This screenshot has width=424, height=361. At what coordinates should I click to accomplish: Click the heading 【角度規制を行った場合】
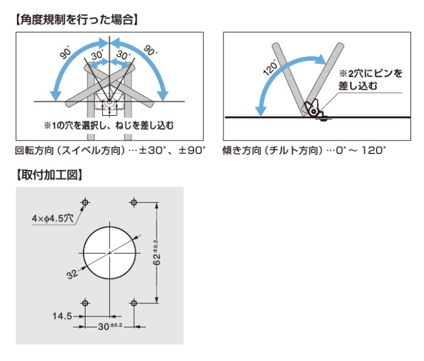(77, 19)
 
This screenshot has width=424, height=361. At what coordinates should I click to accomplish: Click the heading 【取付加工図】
(49, 175)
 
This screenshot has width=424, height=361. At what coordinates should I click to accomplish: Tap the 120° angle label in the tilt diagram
(271, 67)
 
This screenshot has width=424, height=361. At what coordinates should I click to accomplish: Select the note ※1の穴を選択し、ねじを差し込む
(109, 126)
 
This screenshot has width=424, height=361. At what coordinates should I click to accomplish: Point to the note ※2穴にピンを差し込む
(370, 80)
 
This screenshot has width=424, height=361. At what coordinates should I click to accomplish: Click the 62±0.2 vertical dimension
(157, 253)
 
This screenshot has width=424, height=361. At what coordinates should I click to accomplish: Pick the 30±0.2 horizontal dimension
(110, 327)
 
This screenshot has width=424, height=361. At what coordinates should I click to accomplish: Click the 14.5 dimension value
(62, 316)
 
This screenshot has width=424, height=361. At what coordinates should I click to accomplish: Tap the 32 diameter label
(72, 274)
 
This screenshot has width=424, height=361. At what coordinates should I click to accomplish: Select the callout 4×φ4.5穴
(52, 218)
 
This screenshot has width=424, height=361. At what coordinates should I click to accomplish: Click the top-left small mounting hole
(85, 202)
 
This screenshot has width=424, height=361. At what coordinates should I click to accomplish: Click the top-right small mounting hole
(134, 202)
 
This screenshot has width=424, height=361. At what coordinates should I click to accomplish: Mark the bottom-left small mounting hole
(85, 303)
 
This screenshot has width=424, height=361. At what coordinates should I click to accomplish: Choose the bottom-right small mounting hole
(134, 303)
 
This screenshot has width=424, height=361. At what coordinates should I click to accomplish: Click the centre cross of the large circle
(109, 253)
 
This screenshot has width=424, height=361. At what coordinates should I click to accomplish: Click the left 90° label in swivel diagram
(65, 52)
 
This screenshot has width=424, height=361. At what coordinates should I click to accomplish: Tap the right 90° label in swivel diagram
(150, 50)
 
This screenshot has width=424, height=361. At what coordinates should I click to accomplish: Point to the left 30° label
(97, 55)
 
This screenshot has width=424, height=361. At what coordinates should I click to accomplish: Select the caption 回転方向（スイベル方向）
(70, 150)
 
